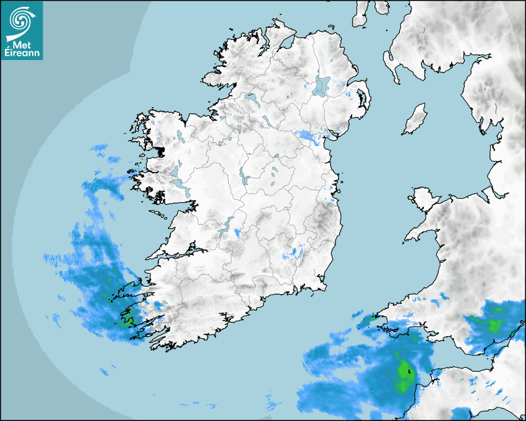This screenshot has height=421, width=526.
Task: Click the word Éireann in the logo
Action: point(22,54)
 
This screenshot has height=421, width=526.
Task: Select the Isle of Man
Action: point(415,119)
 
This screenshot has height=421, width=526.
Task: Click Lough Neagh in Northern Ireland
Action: point(322,85)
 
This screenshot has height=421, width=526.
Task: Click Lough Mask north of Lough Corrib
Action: point(175,170)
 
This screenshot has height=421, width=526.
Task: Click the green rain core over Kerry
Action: point(128,321)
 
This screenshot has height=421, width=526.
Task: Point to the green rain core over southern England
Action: point(493,325)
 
